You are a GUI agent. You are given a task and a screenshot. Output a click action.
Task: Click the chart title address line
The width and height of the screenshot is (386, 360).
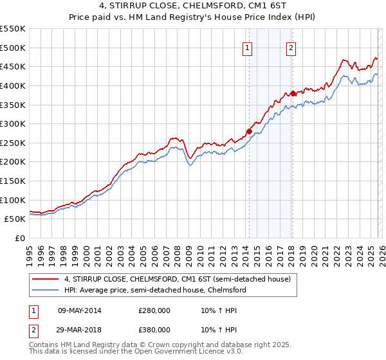point(193,6)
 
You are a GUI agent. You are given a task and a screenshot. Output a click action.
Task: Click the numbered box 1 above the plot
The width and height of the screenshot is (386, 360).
point(248,47)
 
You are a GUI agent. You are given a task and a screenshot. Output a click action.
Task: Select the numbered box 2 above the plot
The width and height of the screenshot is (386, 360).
point(291,47)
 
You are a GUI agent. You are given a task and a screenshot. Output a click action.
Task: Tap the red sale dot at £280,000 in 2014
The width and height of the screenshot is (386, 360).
point(249,131)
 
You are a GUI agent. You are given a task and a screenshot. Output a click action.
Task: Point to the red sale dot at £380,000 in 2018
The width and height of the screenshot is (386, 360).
point(293,93)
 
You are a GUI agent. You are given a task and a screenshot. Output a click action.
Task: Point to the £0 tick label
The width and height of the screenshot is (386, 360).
point(19,238)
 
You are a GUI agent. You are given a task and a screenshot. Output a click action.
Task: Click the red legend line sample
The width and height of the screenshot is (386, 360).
point(46,280)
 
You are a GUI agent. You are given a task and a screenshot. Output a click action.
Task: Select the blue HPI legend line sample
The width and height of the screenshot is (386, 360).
point(46,290)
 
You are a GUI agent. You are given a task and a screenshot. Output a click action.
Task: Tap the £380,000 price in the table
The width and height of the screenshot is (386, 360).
point(154,330)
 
